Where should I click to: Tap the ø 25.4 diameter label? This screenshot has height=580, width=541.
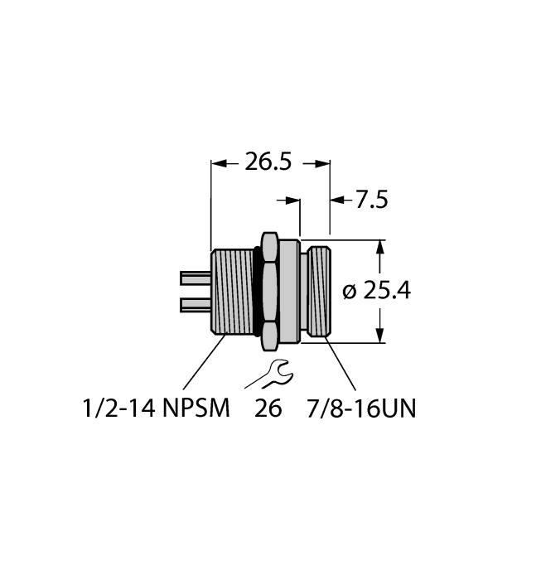(377, 291)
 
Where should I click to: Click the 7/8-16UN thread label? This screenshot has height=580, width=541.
(362, 408)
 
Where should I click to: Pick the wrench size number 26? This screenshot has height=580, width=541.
(270, 408)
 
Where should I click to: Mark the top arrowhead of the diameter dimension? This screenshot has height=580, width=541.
(380, 246)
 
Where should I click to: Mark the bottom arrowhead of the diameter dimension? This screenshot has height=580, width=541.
(380, 336)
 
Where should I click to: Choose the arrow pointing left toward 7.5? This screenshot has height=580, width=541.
(337, 200)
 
